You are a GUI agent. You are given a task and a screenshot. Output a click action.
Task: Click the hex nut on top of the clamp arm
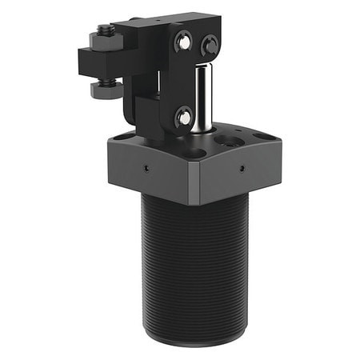click(x=105, y=36)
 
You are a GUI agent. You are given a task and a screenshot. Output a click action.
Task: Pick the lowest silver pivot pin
click(x=184, y=118)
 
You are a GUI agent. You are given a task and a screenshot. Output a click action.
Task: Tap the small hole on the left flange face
click(x=146, y=169)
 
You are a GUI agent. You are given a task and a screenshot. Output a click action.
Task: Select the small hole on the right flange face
click(x=242, y=170)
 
